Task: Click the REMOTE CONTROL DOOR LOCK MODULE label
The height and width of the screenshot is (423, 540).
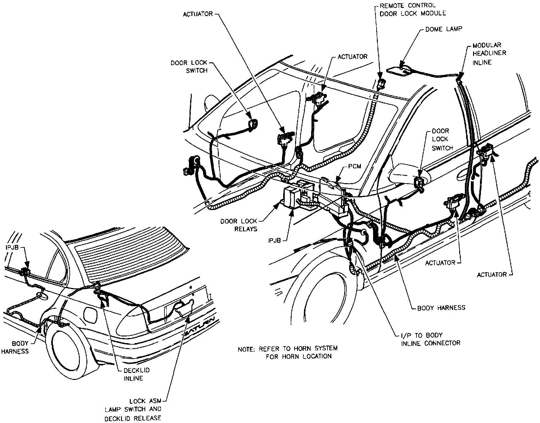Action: coord(412,9)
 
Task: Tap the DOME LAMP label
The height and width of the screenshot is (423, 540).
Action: coord(444,29)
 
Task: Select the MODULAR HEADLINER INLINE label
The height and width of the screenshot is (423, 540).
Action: coord(489,54)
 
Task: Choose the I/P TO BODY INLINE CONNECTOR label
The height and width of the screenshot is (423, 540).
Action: coord(430,339)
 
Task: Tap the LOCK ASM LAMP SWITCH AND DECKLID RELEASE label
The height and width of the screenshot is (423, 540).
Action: coord(133,409)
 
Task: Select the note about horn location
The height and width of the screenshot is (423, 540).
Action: coord(287,352)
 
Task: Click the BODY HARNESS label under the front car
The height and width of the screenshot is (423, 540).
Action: coord(441,308)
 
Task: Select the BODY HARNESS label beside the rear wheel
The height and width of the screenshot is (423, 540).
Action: coord(15,347)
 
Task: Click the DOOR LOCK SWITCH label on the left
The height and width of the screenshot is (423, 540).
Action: coord(189,67)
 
